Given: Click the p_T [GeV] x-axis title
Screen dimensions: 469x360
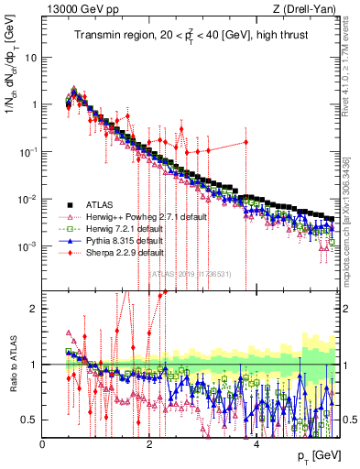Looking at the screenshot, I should coord(316,455).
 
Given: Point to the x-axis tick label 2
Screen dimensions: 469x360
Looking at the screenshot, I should coord(149,442).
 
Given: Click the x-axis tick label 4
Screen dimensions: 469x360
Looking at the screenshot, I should coord(256,442).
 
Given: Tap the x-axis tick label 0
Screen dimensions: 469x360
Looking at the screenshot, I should coord(43,442).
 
